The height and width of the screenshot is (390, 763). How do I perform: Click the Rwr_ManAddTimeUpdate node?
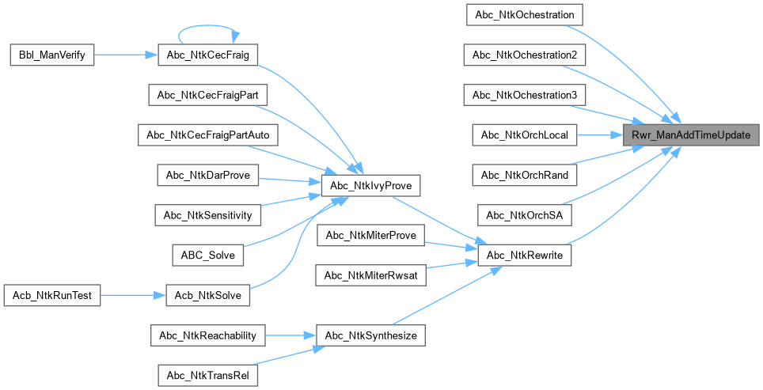[x=691, y=135]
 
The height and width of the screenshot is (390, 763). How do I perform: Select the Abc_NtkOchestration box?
[x=524, y=15]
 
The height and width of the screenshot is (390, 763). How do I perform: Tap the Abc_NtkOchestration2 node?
[x=524, y=55]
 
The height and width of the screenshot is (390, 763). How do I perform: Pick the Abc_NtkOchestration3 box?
[x=524, y=95]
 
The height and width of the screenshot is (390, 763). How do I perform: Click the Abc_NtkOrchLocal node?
[x=524, y=135]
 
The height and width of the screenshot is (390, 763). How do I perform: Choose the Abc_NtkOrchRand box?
[x=524, y=175]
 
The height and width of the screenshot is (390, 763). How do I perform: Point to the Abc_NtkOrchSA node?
[x=524, y=215]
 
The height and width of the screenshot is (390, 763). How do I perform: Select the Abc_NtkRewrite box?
[x=524, y=256]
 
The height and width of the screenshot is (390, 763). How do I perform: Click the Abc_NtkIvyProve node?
[x=370, y=185]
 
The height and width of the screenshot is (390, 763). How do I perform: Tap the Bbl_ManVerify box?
[x=52, y=55]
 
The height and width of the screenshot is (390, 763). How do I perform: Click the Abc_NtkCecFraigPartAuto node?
[x=208, y=135]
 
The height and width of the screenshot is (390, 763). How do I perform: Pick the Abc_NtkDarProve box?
[x=208, y=175]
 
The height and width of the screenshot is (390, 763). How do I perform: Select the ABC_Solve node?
[x=208, y=256]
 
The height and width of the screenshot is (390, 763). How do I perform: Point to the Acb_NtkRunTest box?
[x=52, y=296]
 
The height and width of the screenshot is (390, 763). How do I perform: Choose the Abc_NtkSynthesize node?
[x=370, y=335]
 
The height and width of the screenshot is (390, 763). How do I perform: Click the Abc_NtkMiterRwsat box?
[x=370, y=275]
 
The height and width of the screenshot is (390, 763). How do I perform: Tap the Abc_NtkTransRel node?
[x=208, y=376]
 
